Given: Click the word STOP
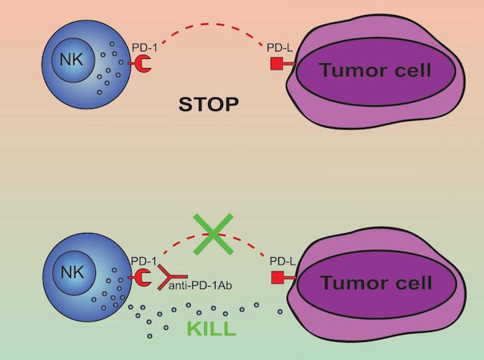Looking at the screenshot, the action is pos(209,104).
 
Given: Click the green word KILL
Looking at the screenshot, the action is pos(212,329).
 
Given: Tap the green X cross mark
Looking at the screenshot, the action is pos(213,234).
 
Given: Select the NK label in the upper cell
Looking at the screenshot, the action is pos(72,59).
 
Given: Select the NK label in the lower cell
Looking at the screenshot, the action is pos(73,272).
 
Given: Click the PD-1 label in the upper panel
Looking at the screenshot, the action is pos(144,48).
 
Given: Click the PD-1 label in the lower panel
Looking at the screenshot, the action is pos(144,261).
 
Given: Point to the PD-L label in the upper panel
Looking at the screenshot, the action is pos(280,48).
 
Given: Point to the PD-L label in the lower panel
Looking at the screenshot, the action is pos(282,262).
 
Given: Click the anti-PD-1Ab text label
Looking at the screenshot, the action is pos(200,286).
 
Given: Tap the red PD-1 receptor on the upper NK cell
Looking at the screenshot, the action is pos(141,64).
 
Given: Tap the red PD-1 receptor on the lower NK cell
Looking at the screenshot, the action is pos(141,278).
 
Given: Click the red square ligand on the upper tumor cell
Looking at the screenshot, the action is pos(277,64).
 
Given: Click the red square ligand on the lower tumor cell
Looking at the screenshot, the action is pos(278,278).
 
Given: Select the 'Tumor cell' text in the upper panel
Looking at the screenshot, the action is pos(375,70).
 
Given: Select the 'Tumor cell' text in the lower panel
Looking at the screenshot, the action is pos(377,283).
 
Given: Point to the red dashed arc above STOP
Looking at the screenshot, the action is pos(213,25).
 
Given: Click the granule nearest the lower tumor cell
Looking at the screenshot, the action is pos(280,312).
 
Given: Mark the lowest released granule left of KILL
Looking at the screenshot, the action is pos(150,336).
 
